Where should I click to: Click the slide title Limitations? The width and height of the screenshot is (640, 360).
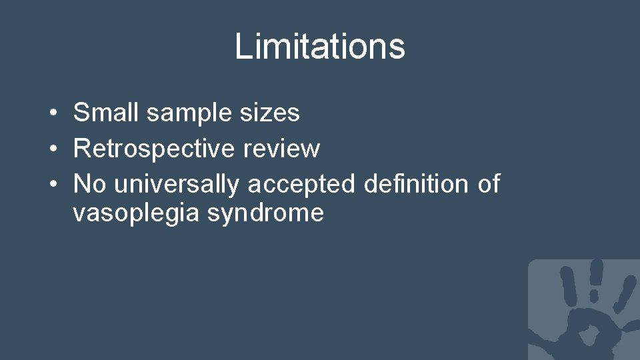[x=319, y=47]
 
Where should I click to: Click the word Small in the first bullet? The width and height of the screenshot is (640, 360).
[x=107, y=113]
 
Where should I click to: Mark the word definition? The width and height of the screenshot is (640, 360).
[x=417, y=183]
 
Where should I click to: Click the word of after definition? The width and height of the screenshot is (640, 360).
[x=488, y=183]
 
